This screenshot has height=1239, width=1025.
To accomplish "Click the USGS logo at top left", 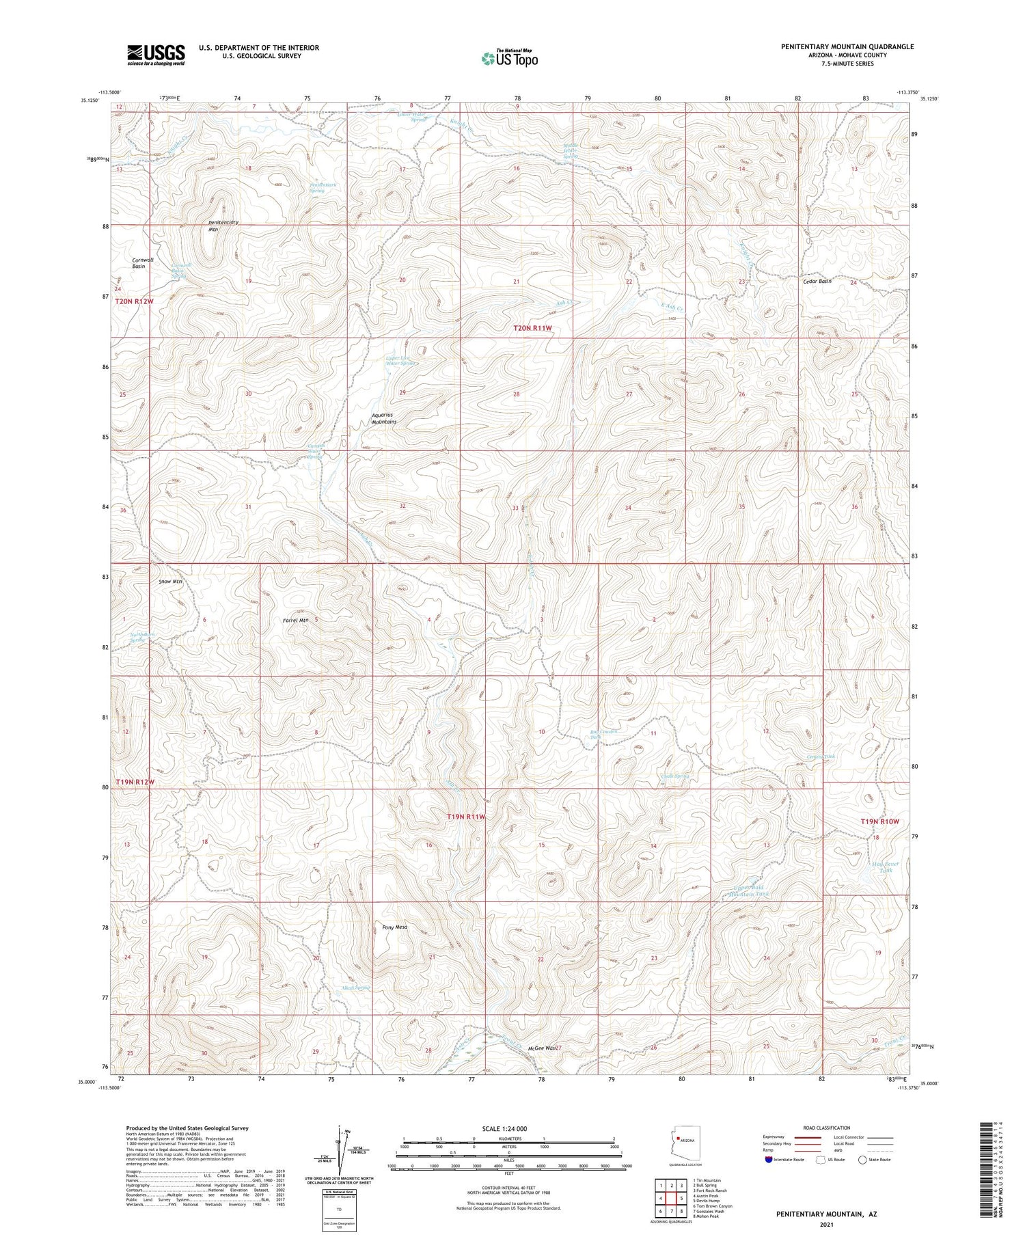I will [x=156, y=55].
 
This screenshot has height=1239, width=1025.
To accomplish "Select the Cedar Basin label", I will [x=817, y=281].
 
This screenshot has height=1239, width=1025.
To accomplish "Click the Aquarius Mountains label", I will [x=383, y=418].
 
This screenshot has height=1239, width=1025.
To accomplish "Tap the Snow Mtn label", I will [x=170, y=581].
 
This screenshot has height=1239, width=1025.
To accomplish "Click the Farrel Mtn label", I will [x=296, y=620].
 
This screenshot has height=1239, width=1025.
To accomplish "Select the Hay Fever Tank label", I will [x=886, y=867].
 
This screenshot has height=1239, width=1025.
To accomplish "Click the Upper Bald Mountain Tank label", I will [x=751, y=890].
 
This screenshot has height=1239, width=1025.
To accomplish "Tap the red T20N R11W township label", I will [x=532, y=328].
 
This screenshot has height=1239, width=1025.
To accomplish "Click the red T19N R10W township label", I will [x=879, y=821].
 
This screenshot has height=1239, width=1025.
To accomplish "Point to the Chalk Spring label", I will [x=673, y=776].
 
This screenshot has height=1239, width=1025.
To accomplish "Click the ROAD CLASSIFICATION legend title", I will [x=826, y=1128].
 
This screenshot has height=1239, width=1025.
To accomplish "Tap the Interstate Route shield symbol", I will [x=769, y=1160].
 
